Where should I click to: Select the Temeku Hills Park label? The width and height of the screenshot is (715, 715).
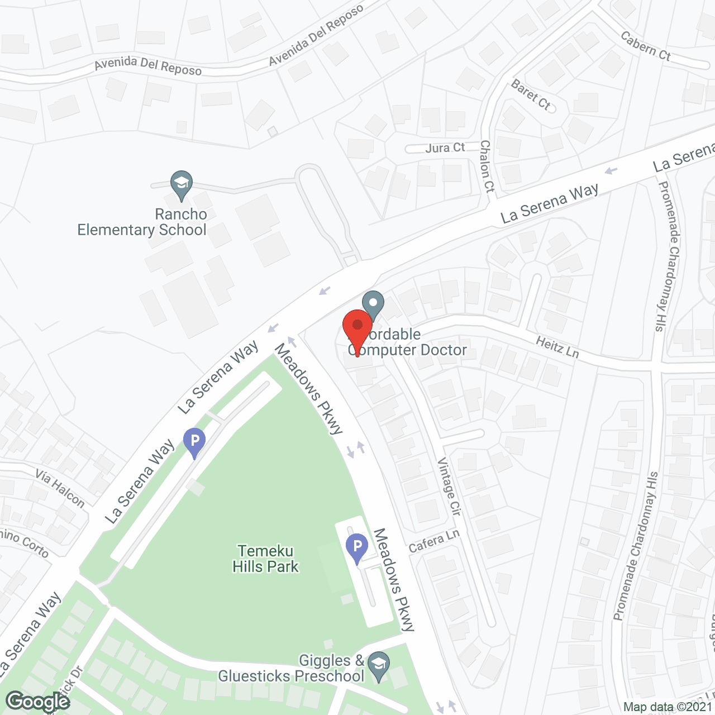tap(266, 559)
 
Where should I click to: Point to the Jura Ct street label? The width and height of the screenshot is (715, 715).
tap(445, 148)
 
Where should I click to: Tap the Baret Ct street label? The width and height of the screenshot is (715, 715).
tap(531, 94)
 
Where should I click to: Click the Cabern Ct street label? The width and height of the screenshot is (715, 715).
tap(646, 46)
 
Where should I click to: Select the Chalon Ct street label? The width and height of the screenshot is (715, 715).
tap(487, 166)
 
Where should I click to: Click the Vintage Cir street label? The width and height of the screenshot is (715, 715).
tap(449, 486)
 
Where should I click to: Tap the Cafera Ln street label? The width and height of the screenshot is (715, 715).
tap(433, 541)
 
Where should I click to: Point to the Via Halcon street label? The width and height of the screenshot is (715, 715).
tap(60, 488)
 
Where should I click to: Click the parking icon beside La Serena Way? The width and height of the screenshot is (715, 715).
tap(194, 441)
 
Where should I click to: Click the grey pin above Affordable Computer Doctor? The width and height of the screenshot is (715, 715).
tap(373, 304)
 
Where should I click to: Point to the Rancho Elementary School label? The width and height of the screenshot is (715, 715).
tap(142, 222)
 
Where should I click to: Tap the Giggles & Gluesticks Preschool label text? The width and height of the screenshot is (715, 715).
tap(291, 669)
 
